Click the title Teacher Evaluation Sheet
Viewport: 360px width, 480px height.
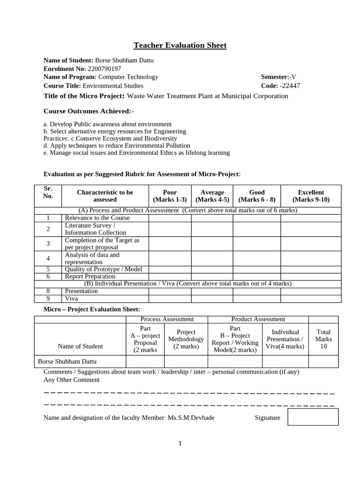(180, 45)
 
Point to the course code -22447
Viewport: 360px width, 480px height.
(290, 86)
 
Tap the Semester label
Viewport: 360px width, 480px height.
(274, 77)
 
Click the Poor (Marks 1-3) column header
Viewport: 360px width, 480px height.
(170, 196)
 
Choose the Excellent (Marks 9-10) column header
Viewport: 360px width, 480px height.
(311, 196)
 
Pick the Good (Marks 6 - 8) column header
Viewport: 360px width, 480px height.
(257, 196)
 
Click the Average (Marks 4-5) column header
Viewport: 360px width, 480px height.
(212, 196)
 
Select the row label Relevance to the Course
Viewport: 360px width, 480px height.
(97, 218)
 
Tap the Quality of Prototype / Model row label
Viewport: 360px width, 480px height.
(103, 269)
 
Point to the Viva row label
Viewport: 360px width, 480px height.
(72, 298)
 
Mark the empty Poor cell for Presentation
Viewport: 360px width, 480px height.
(170, 291)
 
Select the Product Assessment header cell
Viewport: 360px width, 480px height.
(258, 319)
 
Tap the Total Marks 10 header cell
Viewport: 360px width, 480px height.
(323, 339)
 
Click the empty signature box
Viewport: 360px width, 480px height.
(313, 417)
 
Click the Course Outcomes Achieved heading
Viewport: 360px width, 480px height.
(89, 112)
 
